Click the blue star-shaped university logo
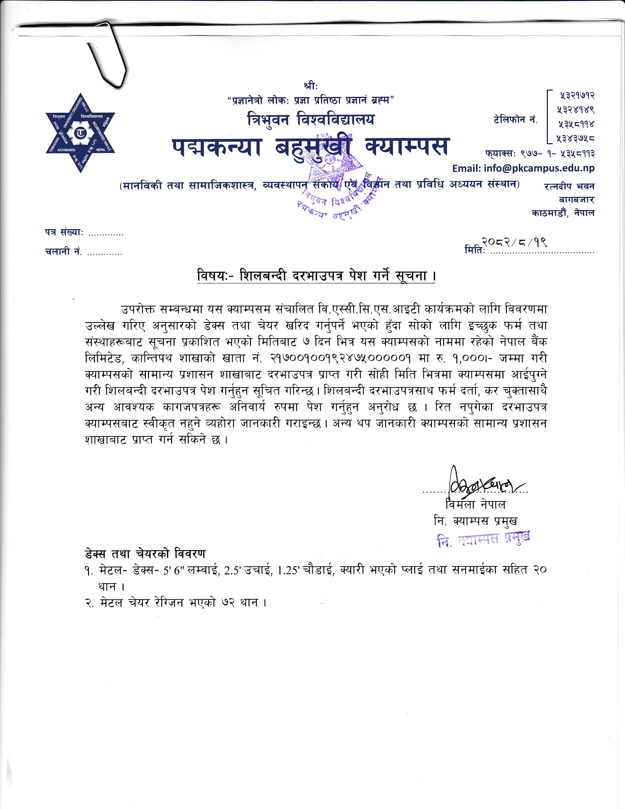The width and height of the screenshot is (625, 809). (x=80, y=132)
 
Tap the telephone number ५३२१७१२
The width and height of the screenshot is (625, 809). (x=575, y=96)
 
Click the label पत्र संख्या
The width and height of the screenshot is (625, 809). (x=63, y=233)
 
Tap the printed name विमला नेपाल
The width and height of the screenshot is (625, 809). (x=475, y=505)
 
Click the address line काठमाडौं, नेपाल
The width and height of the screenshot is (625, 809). (x=563, y=213)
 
